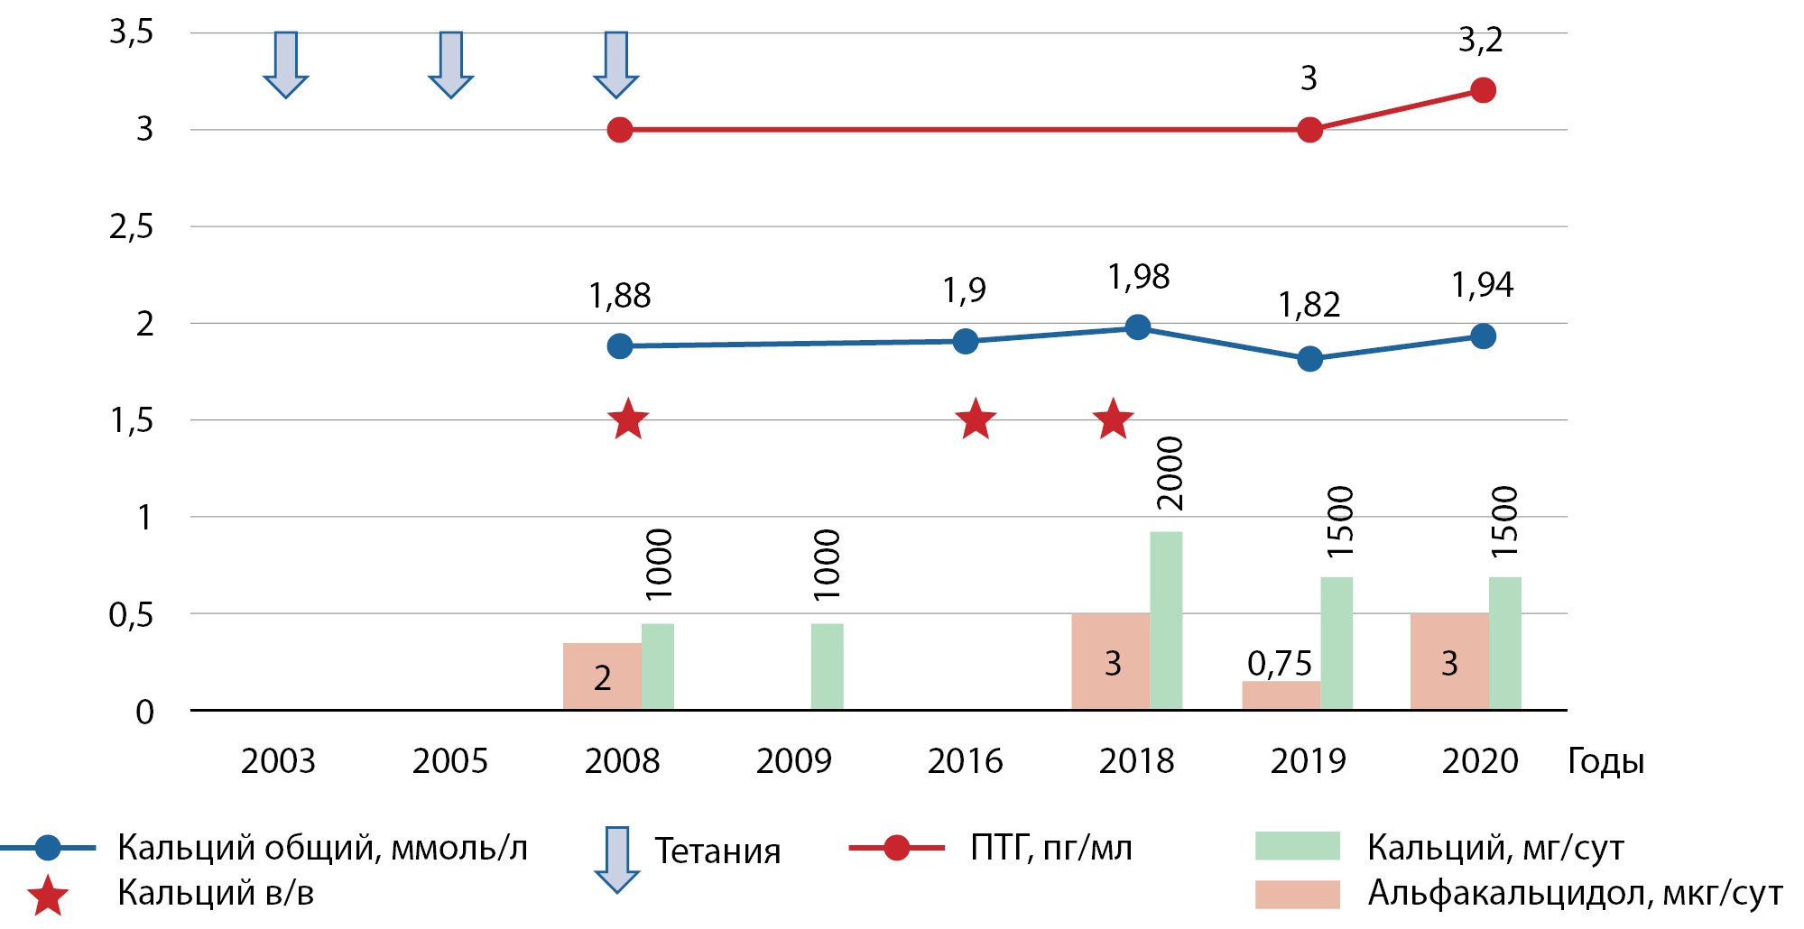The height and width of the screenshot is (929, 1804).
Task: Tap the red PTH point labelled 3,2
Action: pos(1483,90)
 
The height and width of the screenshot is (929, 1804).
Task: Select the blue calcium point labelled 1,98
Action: pos(1138,327)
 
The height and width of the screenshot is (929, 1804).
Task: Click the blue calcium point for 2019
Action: pos(1309,359)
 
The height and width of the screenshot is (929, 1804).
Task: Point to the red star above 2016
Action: pos(975,419)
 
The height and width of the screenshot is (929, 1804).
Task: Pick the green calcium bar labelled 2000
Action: pos(1166,621)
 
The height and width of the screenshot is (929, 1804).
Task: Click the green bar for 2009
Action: pos(827,667)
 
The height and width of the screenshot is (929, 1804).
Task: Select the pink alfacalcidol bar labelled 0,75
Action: pos(1281,694)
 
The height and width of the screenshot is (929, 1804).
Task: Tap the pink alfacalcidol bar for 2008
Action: pos(602,676)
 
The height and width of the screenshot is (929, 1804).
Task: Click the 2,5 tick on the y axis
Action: pos(132,227)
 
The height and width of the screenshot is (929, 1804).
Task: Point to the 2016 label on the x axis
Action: pos(965,761)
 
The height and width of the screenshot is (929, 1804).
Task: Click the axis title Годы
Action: pos(1605,761)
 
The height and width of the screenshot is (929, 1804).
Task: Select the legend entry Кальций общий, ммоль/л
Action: pos(322,848)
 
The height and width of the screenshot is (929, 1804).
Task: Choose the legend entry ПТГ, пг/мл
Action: pos(1050,848)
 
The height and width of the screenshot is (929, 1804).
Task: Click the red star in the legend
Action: pos(47,896)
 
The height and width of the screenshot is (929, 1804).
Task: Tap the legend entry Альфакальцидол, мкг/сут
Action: pos(1575,893)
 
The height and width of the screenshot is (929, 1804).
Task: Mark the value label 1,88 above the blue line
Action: pos(620,296)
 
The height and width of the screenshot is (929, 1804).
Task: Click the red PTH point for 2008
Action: pos(620,130)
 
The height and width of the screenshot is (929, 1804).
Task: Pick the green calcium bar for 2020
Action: pos(1504,643)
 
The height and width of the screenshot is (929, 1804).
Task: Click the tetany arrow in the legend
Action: pos(616,858)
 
